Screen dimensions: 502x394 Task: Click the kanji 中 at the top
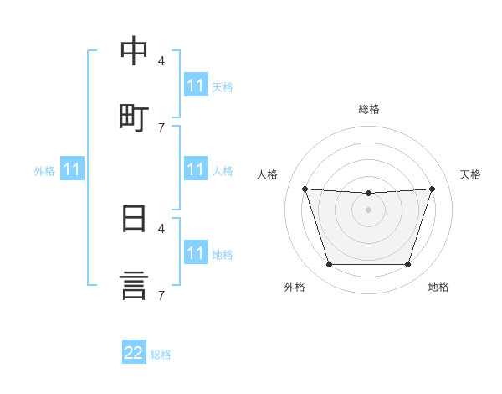pyautogui.click(x=134, y=50)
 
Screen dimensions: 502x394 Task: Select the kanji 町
pyautogui.click(x=134, y=118)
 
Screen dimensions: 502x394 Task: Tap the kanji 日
pyautogui.click(x=134, y=219)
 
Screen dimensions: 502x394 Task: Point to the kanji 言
pyautogui.click(x=134, y=286)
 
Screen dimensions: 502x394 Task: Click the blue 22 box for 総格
pyautogui.click(x=134, y=351)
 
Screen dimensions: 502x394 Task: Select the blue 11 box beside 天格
pyautogui.click(x=196, y=85)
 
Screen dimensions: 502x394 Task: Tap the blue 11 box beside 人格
pyautogui.click(x=196, y=168)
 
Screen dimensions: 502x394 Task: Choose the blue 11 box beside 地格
pyautogui.click(x=196, y=251)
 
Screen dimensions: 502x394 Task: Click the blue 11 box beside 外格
pyautogui.click(x=72, y=168)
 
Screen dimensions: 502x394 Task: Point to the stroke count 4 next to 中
pyautogui.click(x=161, y=60)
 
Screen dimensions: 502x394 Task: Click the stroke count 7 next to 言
pyautogui.click(x=161, y=295)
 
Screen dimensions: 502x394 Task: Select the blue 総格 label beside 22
pyautogui.click(x=161, y=355)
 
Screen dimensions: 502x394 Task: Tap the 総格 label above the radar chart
pyautogui.click(x=369, y=109)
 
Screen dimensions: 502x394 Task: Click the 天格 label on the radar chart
pyautogui.click(x=470, y=174)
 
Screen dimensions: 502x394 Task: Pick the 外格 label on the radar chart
pyautogui.click(x=295, y=287)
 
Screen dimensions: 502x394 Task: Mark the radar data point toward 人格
pyautogui.click(x=305, y=189)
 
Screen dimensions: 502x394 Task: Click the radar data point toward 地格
pyautogui.click(x=408, y=264)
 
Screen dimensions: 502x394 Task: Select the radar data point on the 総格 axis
pyautogui.click(x=368, y=193)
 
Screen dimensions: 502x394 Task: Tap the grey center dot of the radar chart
pyautogui.click(x=368, y=210)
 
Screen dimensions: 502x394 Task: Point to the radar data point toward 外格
pyautogui.click(x=330, y=264)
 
